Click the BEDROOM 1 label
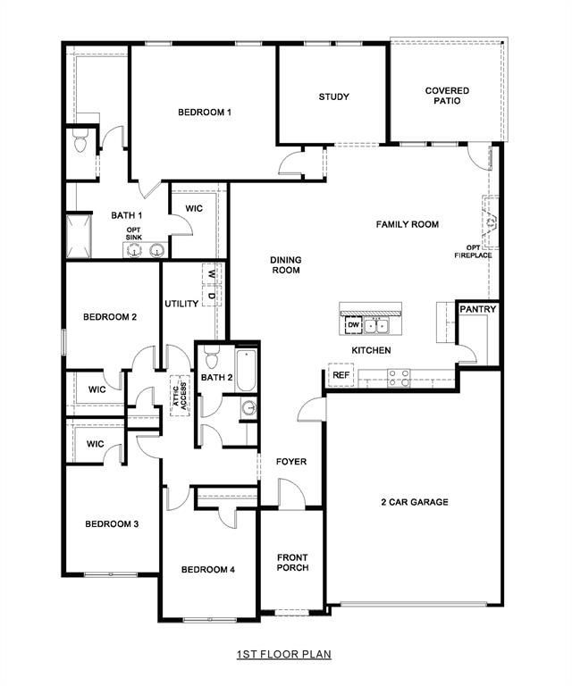(205, 112)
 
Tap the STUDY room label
(333, 96)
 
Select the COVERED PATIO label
(447, 96)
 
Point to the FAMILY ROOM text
(407, 224)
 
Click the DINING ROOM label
(286, 265)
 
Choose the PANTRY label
(478, 310)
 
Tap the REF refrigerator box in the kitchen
(341, 376)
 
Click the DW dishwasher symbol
(352, 324)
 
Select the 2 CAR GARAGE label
(413, 502)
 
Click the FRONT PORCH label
(292, 563)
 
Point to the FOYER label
(291, 462)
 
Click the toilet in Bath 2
(212, 359)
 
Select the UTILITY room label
(181, 304)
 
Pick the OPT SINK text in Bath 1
(133, 234)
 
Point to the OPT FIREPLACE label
(478, 251)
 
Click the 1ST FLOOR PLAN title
(283, 654)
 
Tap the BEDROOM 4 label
(207, 569)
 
